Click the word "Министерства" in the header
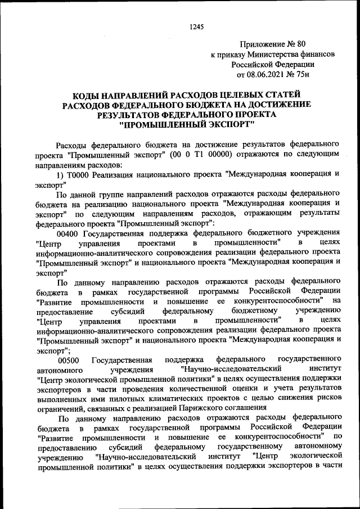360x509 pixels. [x=270, y=54]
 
